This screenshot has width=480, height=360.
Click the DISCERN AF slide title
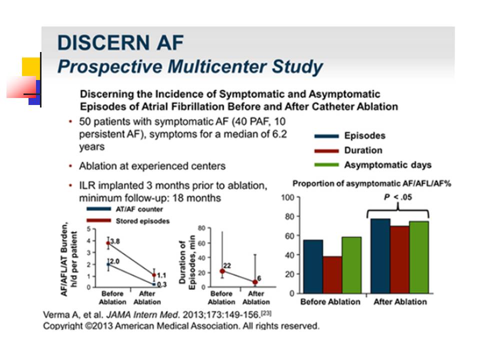(x=120, y=42)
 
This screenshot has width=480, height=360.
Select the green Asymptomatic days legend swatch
(x=326, y=165)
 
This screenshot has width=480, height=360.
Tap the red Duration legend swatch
(x=326, y=150)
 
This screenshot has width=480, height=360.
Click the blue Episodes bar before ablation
(x=313, y=266)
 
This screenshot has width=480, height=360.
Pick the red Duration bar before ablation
(x=332, y=275)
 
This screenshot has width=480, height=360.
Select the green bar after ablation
(x=419, y=257)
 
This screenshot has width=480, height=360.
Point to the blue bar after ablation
(x=380, y=256)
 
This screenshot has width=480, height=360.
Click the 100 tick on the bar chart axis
(x=287, y=197)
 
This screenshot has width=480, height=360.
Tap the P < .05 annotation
(x=398, y=197)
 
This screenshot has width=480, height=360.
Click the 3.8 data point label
(x=115, y=241)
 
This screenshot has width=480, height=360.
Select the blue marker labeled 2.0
(x=108, y=264)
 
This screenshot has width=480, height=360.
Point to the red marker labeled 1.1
(x=154, y=275)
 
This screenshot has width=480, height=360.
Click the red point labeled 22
(x=222, y=271)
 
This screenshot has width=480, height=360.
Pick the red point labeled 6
(x=255, y=282)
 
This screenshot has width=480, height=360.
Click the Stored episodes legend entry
(x=128, y=221)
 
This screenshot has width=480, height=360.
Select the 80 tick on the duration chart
(x=201, y=228)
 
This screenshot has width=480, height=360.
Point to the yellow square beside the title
(x=31, y=66)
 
